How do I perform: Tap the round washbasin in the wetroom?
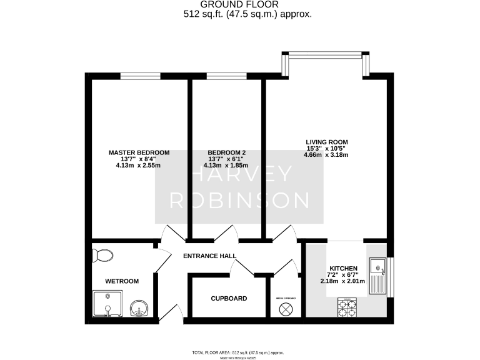pyautogui.click(x=139, y=307)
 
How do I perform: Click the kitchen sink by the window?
pyautogui.click(x=379, y=277)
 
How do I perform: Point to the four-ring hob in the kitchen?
pyautogui.click(x=347, y=308)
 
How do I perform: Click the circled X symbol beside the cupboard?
pyautogui.click(x=286, y=309)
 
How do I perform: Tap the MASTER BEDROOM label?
pyautogui.click(x=139, y=152)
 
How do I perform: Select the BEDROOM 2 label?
pyautogui.click(x=227, y=152)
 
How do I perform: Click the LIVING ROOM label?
pyautogui.click(x=326, y=142)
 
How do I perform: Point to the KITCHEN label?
pyautogui.click(x=344, y=268)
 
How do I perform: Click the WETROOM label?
pyautogui.click(x=122, y=281)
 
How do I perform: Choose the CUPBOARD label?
pyautogui.click(x=229, y=298)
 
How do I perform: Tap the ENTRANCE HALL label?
pyautogui.click(x=209, y=256)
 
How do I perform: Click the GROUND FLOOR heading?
pyautogui.click(x=240, y=4)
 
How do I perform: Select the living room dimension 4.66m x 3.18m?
pyautogui.click(x=326, y=155)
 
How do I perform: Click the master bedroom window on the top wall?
pyautogui.click(x=138, y=76)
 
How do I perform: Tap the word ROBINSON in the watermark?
pyautogui.click(x=240, y=200)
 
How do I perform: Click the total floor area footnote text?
pyautogui.click(x=240, y=352)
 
